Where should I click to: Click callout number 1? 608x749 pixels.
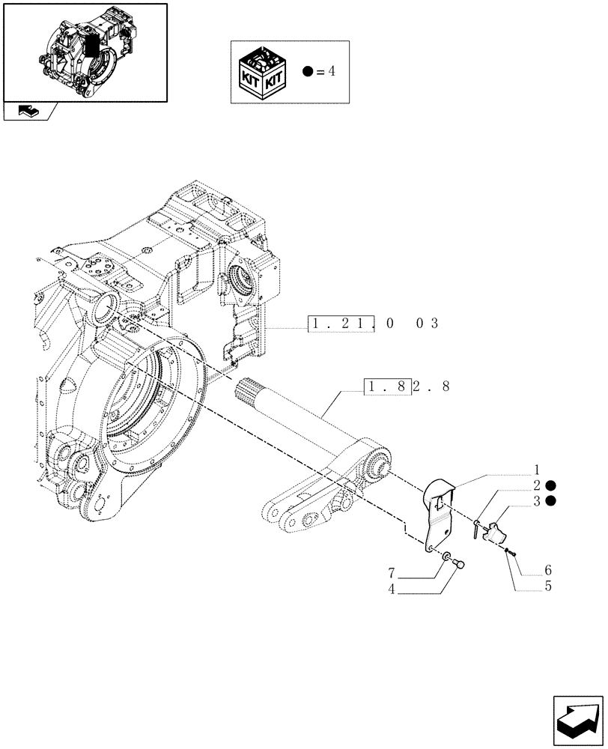(x=537, y=471)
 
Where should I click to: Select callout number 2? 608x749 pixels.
(x=537, y=485)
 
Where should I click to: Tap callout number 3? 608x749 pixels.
(x=537, y=500)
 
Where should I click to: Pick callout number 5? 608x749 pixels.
(x=549, y=586)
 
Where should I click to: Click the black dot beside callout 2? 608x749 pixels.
(x=551, y=485)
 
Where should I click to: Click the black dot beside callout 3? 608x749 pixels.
(x=551, y=500)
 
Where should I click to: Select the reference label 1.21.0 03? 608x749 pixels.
(x=372, y=324)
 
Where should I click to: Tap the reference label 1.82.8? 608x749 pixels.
(x=407, y=387)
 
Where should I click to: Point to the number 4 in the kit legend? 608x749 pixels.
(x=332, y=72)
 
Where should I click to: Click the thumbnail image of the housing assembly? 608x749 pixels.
(x=85, y=52)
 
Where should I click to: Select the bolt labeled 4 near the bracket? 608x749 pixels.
(x=459, y=563)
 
